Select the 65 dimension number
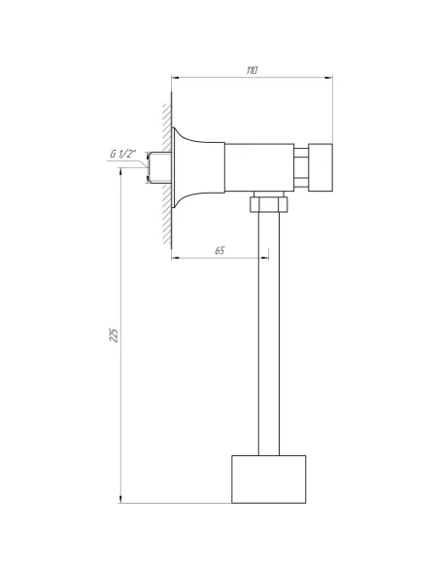pos(219,251)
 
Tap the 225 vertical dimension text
pos(114,336)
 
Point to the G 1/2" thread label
pos(124,154)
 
